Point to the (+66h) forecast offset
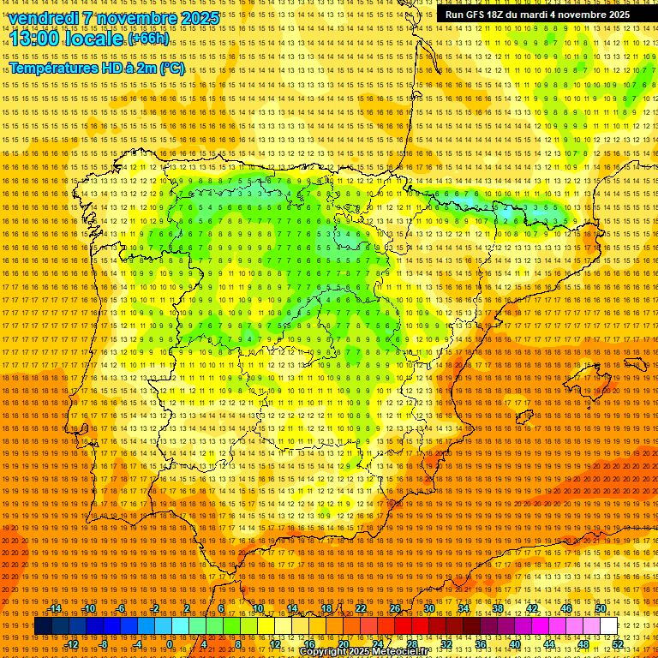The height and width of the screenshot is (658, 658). tap(148, 39)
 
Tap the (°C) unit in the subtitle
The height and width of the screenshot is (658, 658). tap(171, 69)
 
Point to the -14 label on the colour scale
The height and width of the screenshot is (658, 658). tap(56, 608)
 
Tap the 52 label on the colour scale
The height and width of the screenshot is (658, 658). tap(618, 643)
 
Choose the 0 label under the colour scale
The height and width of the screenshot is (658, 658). tap(170, 643)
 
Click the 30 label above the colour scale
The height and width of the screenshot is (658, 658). tap(428, 608)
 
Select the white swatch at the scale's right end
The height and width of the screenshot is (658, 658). tap(609, 625)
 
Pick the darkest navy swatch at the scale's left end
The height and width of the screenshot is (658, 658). tap(43, 625)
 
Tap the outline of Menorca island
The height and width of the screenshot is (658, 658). tap(636, 363)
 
